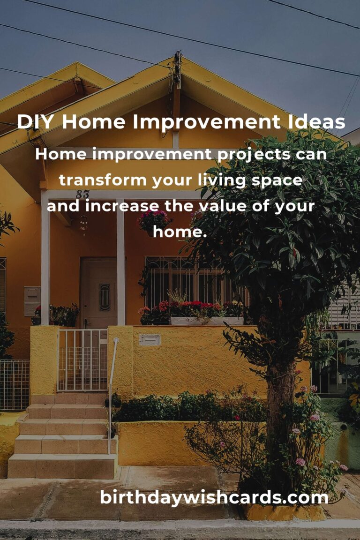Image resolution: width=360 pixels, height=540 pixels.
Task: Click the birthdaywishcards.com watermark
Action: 214,497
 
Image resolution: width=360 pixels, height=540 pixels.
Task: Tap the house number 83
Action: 82,194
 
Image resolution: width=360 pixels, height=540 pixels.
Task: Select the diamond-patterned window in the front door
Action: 105,297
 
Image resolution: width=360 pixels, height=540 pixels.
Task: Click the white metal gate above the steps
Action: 82,360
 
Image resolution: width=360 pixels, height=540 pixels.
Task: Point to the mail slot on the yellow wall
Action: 150,339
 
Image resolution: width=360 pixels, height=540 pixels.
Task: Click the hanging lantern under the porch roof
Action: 83,223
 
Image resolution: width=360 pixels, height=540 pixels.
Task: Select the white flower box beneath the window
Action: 206,321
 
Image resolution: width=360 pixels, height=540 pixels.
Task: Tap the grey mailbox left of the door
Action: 32,300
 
